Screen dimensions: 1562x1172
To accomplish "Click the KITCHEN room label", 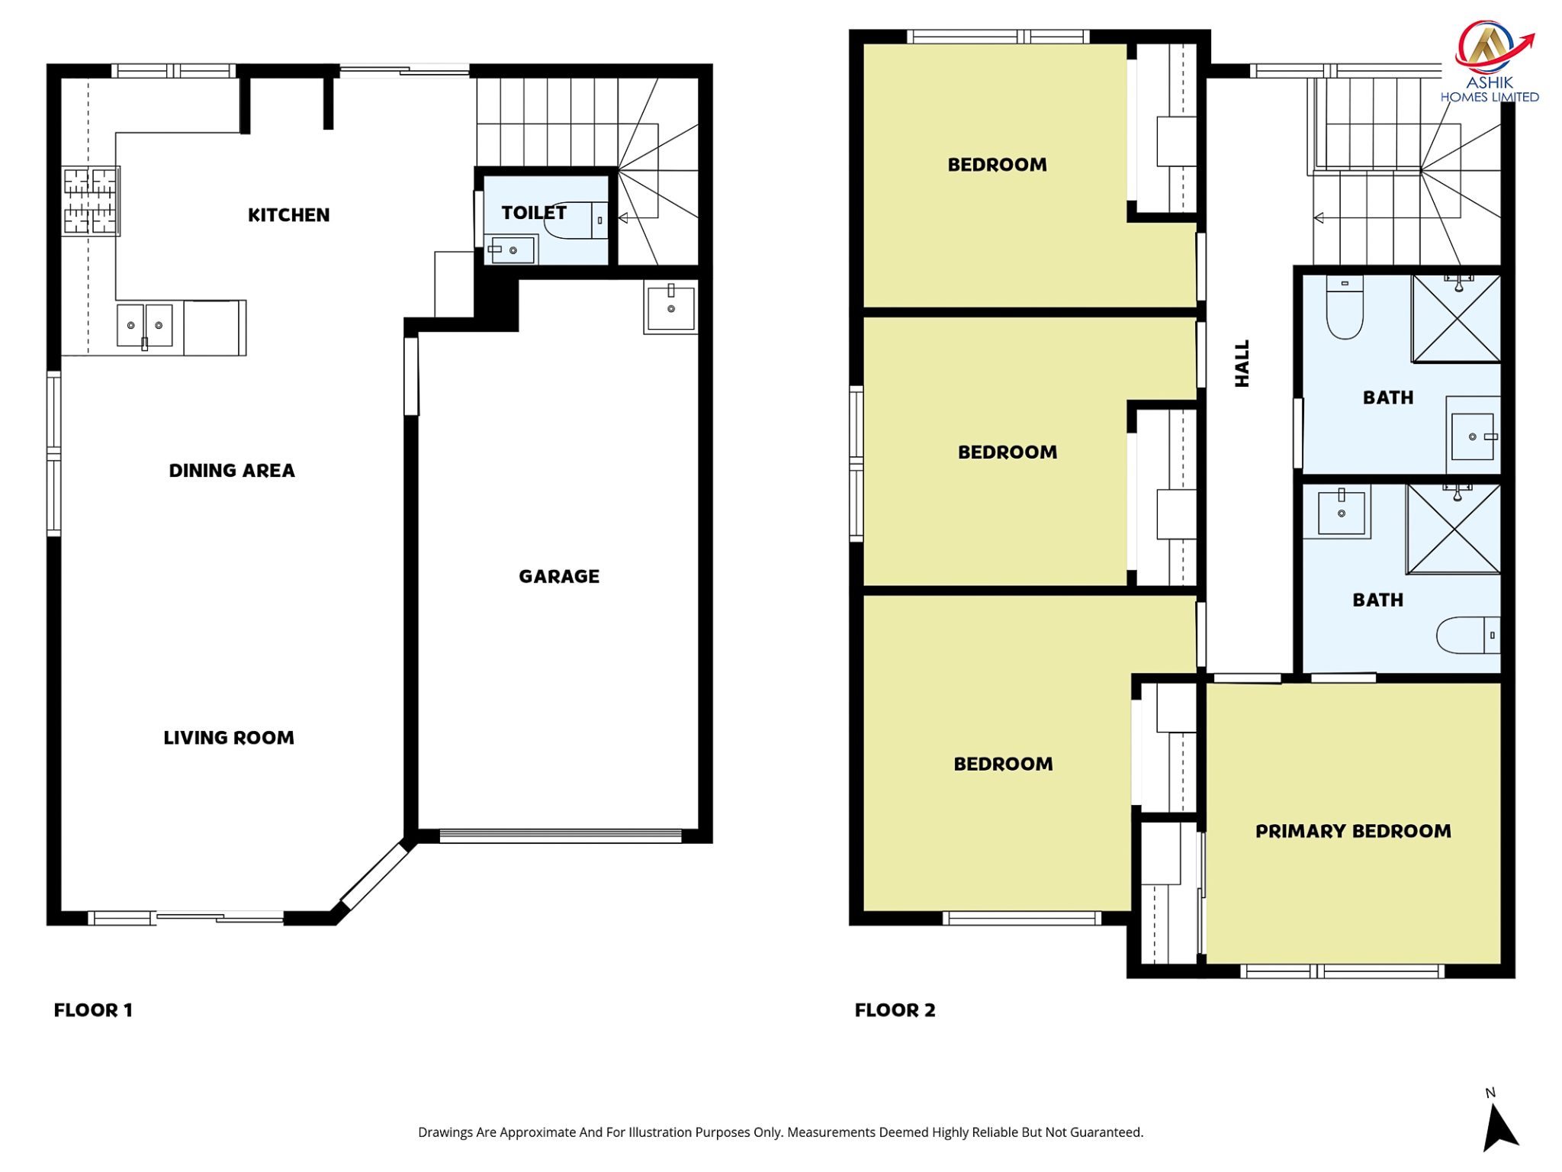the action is (x=288, y=215).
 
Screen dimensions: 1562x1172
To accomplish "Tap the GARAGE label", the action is (x=559, y=577).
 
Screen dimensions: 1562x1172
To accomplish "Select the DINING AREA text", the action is (x=232, y=471).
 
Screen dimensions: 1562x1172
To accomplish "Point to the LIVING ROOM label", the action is (x=229, y=738).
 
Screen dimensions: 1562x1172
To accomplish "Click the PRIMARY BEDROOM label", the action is (x=1353, y=831).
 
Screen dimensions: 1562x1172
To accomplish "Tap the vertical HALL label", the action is (x=1242, y=363).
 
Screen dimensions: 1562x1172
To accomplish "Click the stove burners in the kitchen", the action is (x=90, y=201).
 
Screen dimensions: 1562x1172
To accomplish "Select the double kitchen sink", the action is (x=145, y=326).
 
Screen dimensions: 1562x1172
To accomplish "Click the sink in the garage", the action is (x=670, y=308).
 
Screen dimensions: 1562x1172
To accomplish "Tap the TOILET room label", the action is (x=534, y=213).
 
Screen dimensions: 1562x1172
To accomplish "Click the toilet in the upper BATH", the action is (x=1345, y=307).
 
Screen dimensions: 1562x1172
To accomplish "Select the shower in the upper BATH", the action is (x=1456, y=318).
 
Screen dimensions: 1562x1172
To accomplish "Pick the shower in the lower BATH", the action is (x=1454, y=528).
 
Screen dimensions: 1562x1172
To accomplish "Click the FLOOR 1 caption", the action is (x=93, y=1010).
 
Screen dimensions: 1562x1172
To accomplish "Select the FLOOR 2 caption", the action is (x=895, y=1010).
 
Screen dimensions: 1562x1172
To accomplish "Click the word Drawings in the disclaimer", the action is (x=445, y=1133).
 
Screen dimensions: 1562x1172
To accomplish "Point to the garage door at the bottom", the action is (x=561, y=836).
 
